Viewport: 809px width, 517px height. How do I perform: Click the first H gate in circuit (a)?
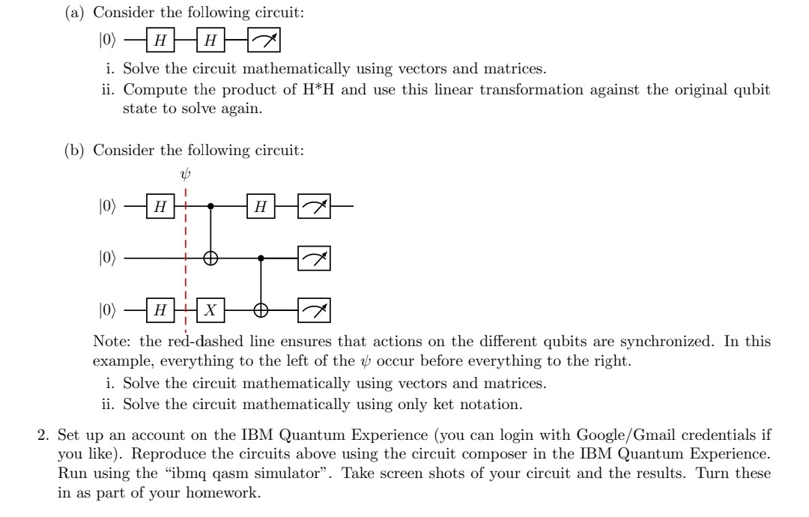pos(159,40)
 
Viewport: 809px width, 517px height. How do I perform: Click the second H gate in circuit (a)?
pos(210,40)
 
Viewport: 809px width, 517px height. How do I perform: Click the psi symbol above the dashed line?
pos(186,174)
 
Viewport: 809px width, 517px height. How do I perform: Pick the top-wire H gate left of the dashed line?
pos(159,206)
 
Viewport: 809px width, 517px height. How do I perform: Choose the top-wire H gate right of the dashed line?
pos(261,206)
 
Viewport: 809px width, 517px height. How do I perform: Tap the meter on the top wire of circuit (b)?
pos(314,206)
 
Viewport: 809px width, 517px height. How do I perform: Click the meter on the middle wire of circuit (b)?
pos(314,258)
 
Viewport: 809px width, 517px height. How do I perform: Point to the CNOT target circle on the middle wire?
pos(211,258)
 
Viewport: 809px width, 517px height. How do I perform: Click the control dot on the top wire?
pos(211,206)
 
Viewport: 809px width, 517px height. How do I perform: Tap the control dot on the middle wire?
pos(261,258)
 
